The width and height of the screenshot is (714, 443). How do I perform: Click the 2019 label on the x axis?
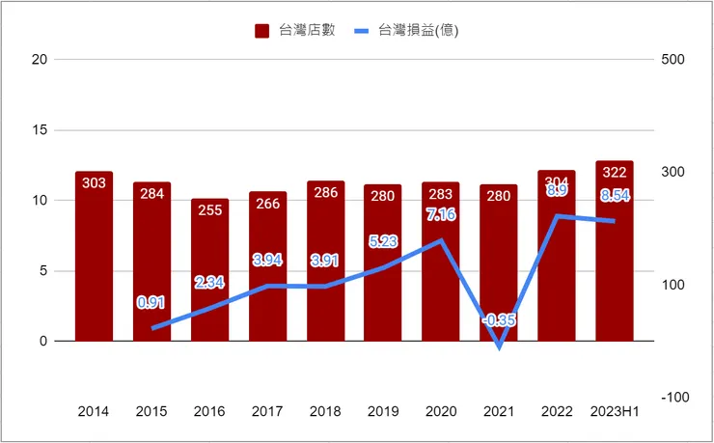point(383,411)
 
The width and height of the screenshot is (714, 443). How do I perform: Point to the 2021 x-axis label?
point(499,411)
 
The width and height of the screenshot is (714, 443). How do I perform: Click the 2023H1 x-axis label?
point(615,411)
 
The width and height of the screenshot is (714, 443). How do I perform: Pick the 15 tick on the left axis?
point(39,130)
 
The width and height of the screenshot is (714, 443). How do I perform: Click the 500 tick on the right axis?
point(673,60)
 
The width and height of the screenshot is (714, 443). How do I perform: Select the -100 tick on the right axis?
point(673,397)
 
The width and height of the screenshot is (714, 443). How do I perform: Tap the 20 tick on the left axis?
point(39,60)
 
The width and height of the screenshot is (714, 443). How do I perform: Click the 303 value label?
point(94,183)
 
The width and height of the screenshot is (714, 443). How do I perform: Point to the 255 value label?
point(209,210)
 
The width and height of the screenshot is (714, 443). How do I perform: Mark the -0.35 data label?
point(499,319)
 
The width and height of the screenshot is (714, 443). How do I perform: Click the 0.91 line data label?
point(151,302)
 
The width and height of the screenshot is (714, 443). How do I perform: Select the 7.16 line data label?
point(440,213)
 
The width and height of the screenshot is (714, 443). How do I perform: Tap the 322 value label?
point(615,173)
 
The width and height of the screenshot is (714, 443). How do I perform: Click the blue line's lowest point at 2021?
point(499,346)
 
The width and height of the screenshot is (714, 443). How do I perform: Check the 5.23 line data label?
point(383,241)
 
